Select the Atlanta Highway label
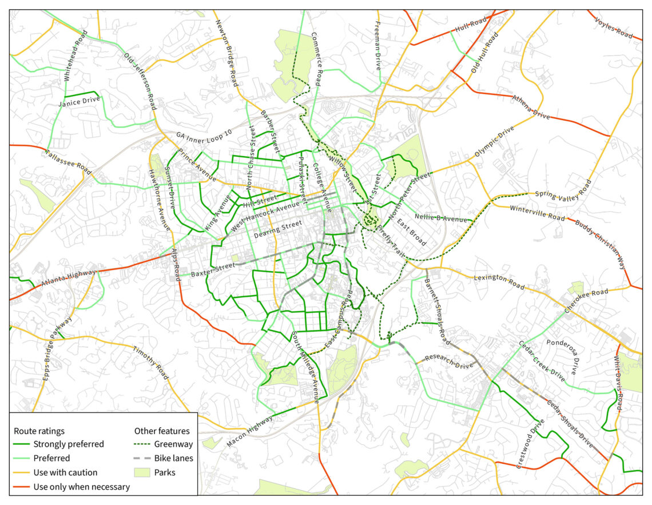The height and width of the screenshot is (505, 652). (68, 278)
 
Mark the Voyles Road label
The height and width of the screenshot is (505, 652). (614, 27)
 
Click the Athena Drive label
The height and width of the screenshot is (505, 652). (531, 107)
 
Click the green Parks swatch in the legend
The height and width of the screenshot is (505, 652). (143, 472)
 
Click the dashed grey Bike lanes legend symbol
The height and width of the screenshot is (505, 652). (143, 458)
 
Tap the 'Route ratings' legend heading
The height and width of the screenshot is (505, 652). (39, 430)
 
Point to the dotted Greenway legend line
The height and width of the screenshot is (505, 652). (143, 444)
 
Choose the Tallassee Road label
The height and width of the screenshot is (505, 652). (68, 162)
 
